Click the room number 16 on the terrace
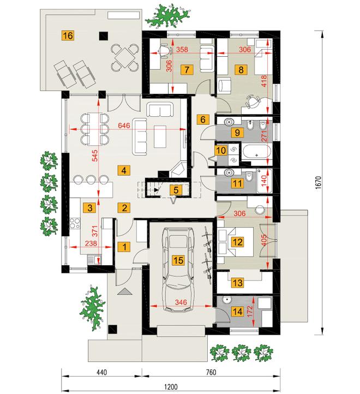tap(68, 35)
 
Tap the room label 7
tap(187, 69)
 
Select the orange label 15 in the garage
tap(178, 260)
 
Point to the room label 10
tap(221, 151)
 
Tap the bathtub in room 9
tap(256, 152)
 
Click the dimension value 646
tap(124, 125)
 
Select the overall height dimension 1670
tap(318, 182)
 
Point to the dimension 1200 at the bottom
tap(171, 386)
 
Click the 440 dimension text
tap(101, 372)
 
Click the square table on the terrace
tap(124, 57)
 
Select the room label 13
tap(237, 283)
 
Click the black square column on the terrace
tap(103, 36)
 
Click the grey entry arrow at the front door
tap(124, 292)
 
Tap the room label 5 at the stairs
tap(176, 190)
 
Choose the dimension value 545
tap(96, 156)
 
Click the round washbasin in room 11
tap(229, 172)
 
